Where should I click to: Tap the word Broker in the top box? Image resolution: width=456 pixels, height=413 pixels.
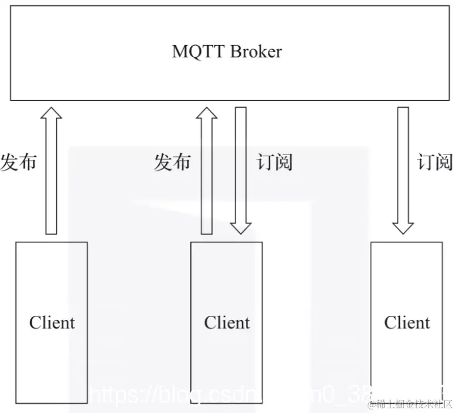point(255,51)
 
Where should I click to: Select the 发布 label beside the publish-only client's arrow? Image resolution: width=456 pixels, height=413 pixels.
point(18,162)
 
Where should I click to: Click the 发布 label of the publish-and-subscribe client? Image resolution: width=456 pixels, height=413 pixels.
point(172,162)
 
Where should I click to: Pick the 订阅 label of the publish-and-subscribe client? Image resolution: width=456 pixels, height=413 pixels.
point(275,162)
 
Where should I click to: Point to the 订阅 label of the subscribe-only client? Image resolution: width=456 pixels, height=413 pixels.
point(435,162)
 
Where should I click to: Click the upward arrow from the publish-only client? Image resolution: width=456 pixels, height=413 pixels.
point(52,175)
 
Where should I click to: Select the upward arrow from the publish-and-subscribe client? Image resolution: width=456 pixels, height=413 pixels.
point(207,175)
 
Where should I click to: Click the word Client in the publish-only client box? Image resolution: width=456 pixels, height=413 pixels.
point(52,322)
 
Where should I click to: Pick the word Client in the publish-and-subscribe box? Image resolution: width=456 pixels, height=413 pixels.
point(227,322)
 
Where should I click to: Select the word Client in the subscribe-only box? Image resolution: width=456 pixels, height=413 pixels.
point(407,322)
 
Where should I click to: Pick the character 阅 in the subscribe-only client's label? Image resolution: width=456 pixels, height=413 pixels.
point(444,162)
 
